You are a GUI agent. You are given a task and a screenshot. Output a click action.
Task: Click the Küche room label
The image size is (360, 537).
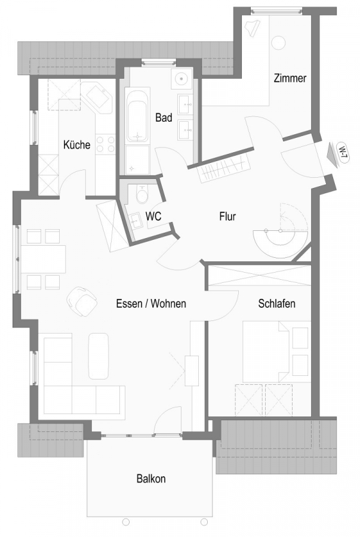pos(77,144)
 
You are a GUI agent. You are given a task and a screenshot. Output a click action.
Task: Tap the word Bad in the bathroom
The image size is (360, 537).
pos(164,118)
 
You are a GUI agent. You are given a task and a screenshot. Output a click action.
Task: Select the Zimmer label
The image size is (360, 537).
pos(290,78)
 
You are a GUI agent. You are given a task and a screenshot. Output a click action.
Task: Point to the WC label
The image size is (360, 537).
pos(153,217)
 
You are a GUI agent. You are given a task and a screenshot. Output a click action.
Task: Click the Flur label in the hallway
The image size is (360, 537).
pos(228,217)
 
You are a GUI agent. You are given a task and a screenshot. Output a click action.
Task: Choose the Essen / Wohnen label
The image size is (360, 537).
pos(151,304)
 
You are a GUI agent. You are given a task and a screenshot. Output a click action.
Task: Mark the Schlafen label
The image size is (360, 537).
pos(277,304)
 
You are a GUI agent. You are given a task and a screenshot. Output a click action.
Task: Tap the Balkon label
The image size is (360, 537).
pos(151,479)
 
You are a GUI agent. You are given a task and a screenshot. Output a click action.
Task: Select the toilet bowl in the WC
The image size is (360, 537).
pos(141,195)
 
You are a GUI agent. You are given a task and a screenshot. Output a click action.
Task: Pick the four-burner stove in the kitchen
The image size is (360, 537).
pos(106,144)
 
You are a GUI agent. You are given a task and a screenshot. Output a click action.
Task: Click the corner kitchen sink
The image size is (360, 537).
pos(97,97)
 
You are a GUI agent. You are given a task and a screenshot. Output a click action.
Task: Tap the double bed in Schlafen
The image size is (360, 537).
pos(266,351)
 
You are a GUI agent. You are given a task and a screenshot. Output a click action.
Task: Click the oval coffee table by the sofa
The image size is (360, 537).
pos(99,356)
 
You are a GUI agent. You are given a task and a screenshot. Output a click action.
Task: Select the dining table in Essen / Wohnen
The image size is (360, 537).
pos(43,259)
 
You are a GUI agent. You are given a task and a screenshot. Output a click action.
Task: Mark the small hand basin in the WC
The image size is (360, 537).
pos(136,221)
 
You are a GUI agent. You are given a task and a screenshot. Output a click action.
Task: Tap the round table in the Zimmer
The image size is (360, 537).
pos(278,42)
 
